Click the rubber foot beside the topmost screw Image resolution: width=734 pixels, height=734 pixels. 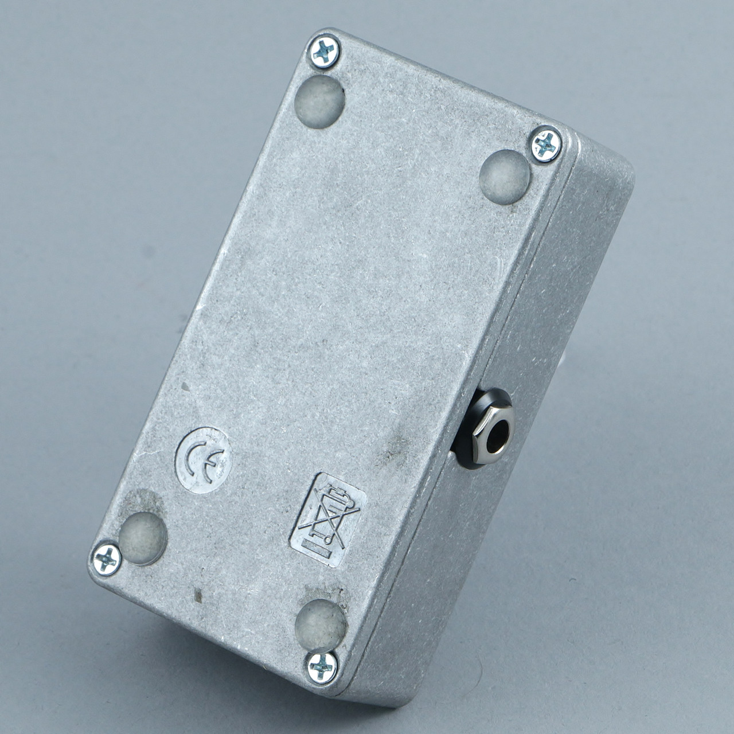click(320, 101)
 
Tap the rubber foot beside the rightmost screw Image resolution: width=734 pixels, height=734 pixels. click(504, 177)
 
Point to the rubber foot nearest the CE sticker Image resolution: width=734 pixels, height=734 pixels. click(143, 538)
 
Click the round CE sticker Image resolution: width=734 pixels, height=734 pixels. click(204, 460)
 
